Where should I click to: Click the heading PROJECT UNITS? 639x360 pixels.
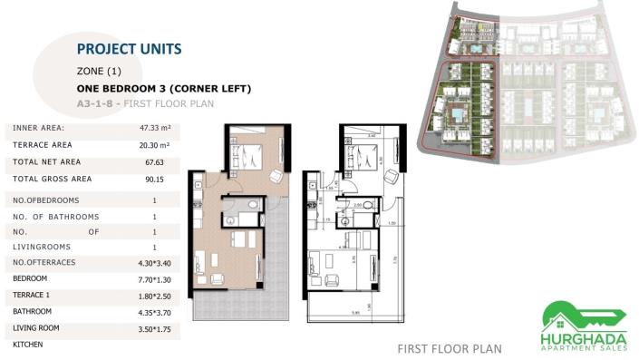(129, 49)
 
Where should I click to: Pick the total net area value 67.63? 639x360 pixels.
(155, 162)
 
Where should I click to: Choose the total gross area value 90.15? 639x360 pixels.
(155, 180)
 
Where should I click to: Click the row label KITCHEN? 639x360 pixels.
(28, 345)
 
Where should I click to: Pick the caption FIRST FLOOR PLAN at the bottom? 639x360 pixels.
(450, 348)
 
